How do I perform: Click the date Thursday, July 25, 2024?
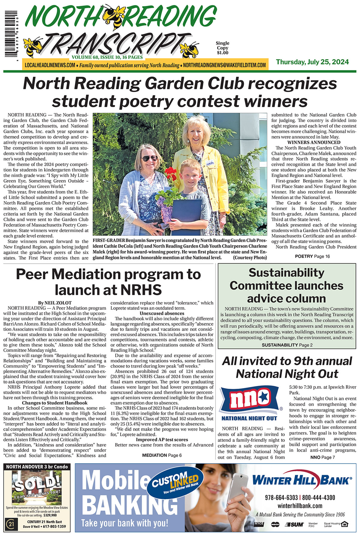[312, 62]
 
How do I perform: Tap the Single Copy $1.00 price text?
[222, 48]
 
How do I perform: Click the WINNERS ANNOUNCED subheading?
[314, 142]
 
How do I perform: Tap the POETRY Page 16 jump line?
[312, 256]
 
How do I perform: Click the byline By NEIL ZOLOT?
[55, 303]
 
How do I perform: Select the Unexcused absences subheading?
[162, 313]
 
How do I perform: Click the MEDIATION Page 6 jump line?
[162, 455]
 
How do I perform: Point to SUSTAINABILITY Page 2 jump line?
[287, 345]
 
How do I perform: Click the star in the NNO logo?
[264, 397]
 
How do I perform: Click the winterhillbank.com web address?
[300, 506]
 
